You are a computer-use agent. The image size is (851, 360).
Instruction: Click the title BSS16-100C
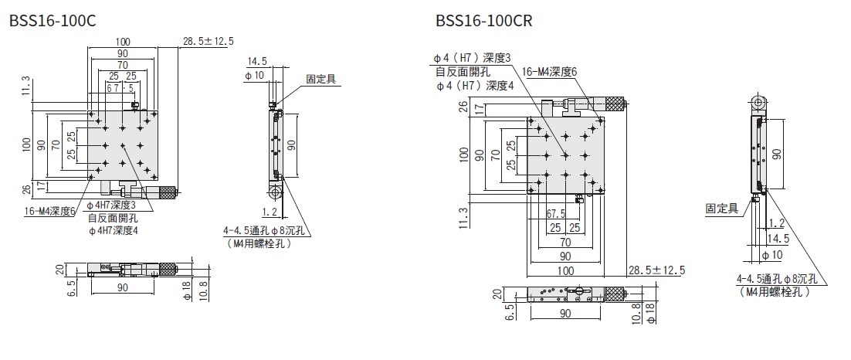53,20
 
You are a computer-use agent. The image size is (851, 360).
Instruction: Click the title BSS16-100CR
484,20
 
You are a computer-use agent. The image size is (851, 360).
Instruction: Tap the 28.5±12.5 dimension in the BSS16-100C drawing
209,41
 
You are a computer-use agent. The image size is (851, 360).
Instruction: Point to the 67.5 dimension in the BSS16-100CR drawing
556,213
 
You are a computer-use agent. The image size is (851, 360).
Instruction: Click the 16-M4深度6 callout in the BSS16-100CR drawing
550,72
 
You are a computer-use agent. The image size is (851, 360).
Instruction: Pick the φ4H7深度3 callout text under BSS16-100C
111,205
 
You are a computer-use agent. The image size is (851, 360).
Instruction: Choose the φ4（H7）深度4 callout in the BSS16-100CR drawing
475,86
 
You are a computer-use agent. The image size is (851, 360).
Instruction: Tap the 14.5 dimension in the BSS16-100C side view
258,61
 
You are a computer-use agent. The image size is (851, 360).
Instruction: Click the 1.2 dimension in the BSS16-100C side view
270,211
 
